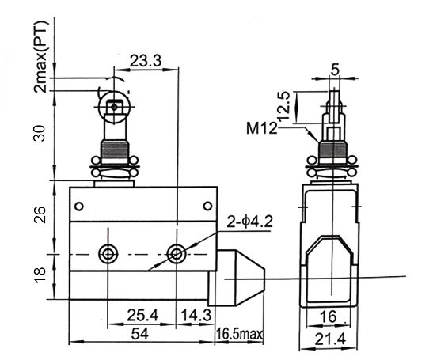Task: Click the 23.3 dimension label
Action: (x=145, y=61)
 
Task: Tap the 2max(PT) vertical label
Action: (x=41, y=56)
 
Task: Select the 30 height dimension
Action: (x=39, y=134)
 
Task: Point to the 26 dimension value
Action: (x=39, y=214)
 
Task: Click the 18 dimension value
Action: (x=40, y=275)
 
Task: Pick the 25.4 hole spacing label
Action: (x=142, y=315)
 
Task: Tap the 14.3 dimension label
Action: (x=196, y=315)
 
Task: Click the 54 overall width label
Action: (x=140, y=334)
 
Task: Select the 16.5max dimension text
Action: (x=239, y=334)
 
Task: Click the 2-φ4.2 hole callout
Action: (x=249, y=222)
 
